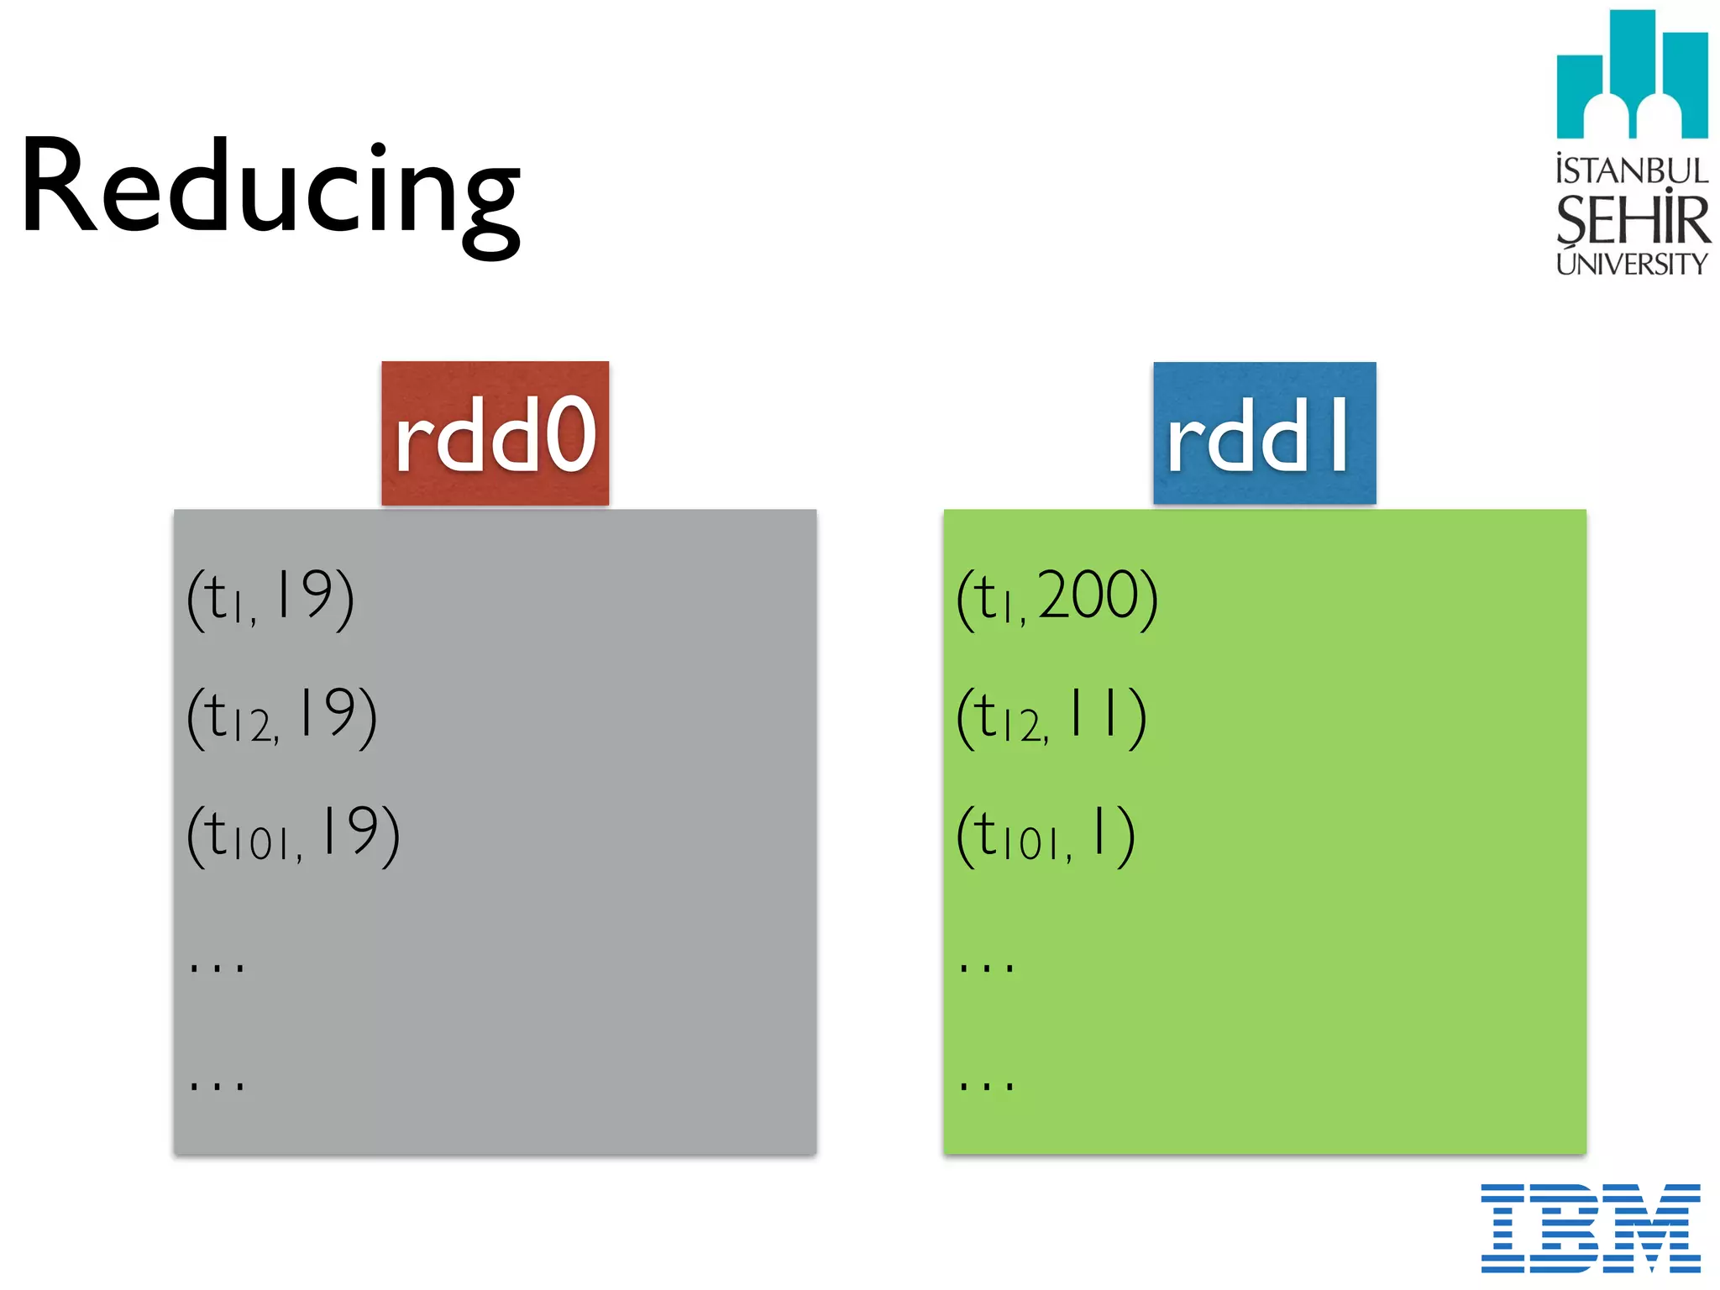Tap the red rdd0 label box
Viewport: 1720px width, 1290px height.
[495, 433]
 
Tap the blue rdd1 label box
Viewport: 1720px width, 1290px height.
[1264, 433]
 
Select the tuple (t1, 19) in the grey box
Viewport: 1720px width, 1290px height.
[270, 597]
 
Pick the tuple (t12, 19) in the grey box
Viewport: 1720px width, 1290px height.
[281, 716]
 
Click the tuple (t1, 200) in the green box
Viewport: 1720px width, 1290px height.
[1057, 597]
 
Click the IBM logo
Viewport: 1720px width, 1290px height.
[1591, 1228]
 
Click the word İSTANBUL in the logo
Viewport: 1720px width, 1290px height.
[1632, 170]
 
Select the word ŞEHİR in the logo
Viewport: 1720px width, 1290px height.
[1632, 219]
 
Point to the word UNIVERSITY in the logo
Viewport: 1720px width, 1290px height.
[1632, 264]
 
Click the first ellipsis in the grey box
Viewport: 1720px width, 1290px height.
[217, 967]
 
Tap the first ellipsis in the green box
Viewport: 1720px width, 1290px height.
[987, 967]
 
